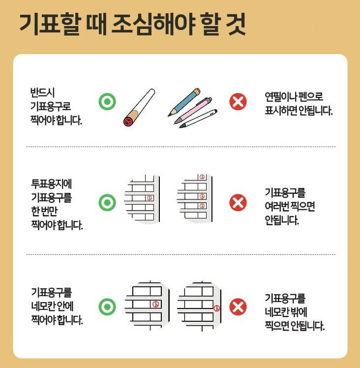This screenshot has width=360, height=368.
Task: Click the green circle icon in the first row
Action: pyautogui.click(x=107, y=102)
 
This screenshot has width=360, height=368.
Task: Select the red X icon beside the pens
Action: pyautogui.click(x=238, y=102)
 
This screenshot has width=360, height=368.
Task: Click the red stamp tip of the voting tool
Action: pyautogui.click(x=129, y=121)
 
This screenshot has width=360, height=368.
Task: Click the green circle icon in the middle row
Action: pyautogui.click(x=107, y=202)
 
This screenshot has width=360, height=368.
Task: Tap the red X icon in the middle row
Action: pyautogui.click(x=238, y=202)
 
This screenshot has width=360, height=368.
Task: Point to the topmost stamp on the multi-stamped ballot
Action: pyautogui.click(x=201, y=177)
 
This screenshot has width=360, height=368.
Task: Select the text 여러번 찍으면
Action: pyautogui.click(x=290, y=206)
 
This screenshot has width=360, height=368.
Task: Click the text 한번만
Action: pyautogui.click(x=44, y=212)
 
